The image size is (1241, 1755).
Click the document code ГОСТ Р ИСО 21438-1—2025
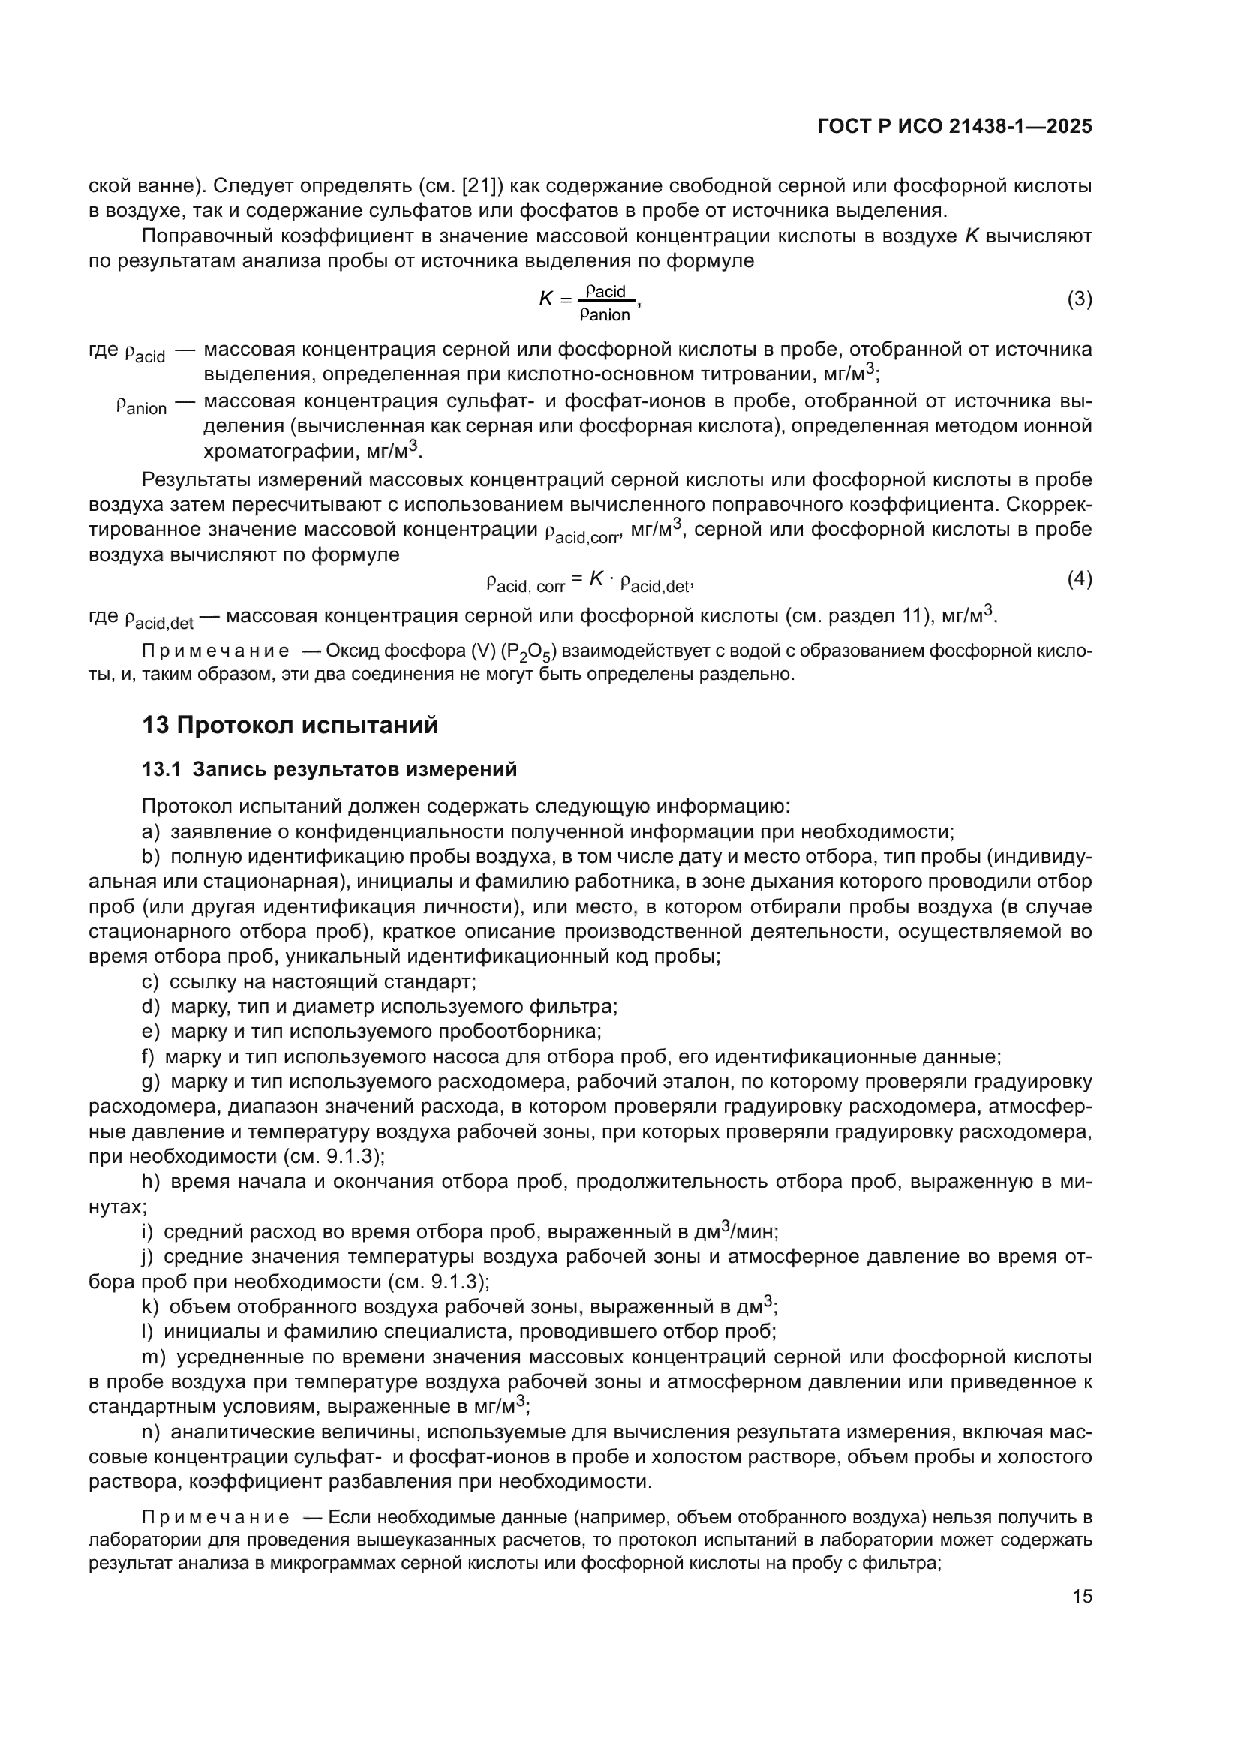point(954,127)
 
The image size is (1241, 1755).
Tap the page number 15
point(1082,1597)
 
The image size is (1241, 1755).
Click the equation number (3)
point(1079,299)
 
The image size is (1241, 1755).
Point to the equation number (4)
point(1079,579)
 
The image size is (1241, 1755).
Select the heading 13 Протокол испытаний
point(290,725)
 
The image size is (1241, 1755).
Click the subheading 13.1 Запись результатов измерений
point(329,769)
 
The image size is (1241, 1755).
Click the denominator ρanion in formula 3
point(605,314)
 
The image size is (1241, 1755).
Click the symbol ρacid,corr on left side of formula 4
point(525,584)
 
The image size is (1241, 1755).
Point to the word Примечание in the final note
point(215,1516)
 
